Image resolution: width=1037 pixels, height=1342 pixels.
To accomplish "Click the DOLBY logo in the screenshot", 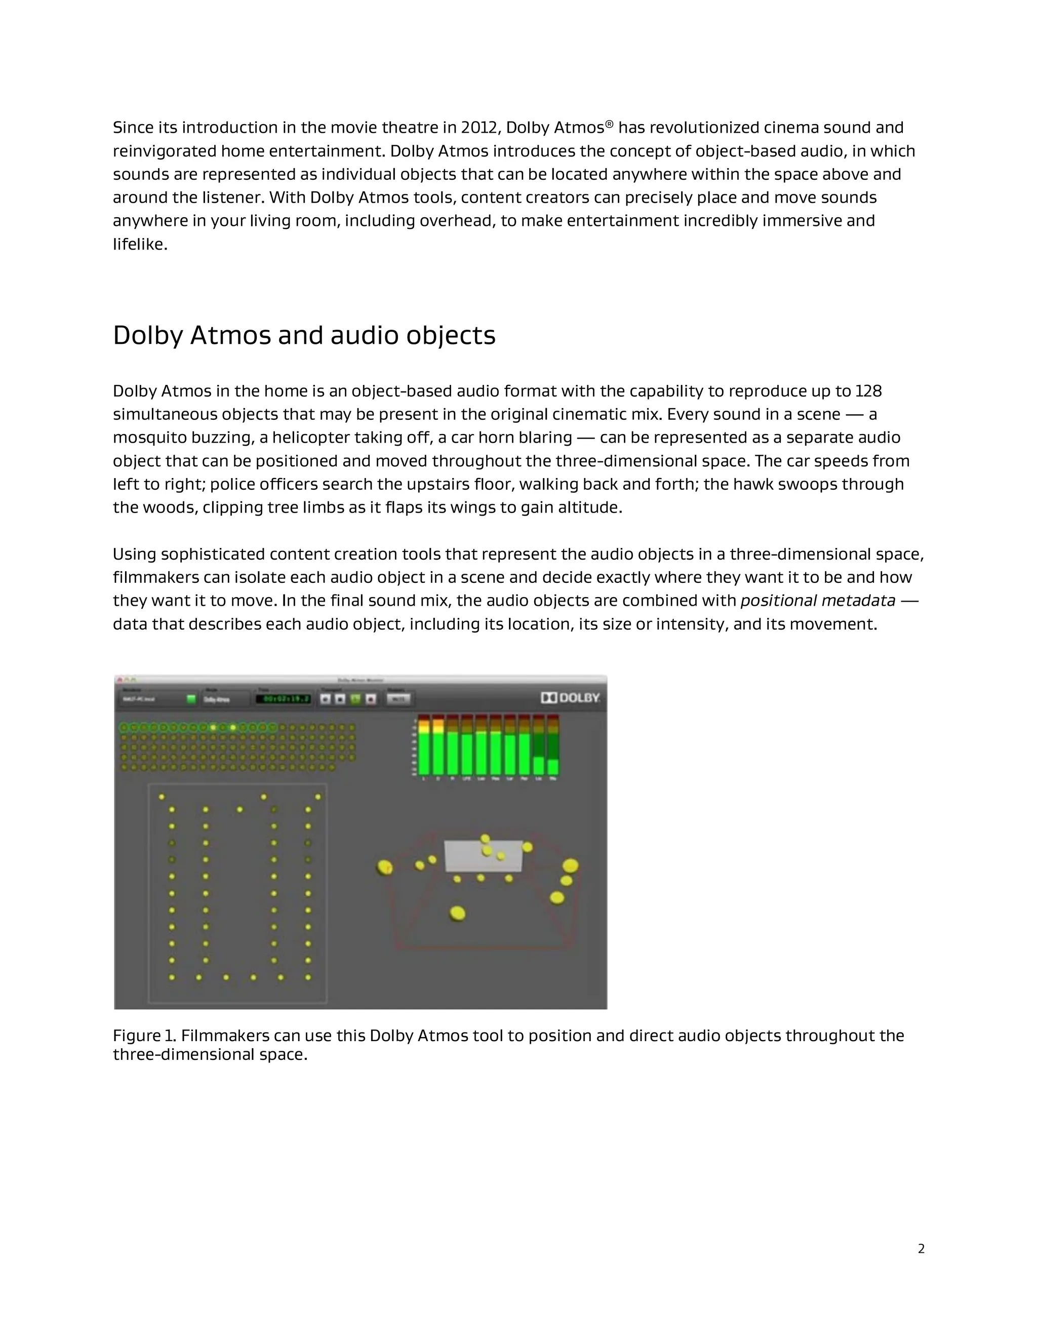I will [570, 697].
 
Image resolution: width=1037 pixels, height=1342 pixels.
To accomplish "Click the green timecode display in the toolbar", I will [283, 699].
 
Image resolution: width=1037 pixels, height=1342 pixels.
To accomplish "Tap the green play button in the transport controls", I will [355, 699].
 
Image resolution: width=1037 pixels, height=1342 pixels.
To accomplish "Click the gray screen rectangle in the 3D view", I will [484, 855].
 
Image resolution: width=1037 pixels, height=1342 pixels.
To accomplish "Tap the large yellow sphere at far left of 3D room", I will [385, 867].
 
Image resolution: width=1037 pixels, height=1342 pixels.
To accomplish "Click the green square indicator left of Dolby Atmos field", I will [191, 699].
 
